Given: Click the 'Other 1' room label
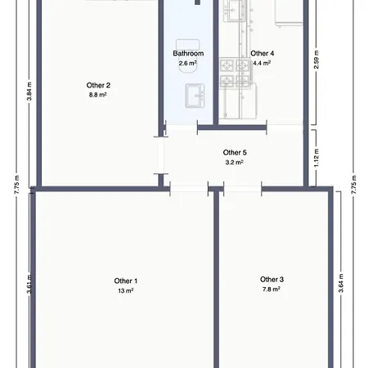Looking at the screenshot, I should click(126, 280).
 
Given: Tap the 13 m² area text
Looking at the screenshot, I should click(126, 290).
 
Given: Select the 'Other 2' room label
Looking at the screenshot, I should click(98, 85).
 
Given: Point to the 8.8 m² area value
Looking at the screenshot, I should click(98, 95).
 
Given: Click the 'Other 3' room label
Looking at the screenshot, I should click(272, 279).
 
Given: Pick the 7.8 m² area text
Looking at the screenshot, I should click(272, 289).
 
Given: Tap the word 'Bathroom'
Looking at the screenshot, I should click(188, 54).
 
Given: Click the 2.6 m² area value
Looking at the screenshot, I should click(188, 63).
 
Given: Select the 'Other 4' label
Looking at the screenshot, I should click(263, 54).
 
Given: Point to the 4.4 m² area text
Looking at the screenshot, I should click(263, 63).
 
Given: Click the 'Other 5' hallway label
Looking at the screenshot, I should click(235, 152).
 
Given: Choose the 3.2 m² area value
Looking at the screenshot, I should click(235, 162).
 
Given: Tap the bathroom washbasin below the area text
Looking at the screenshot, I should click(195, 96).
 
